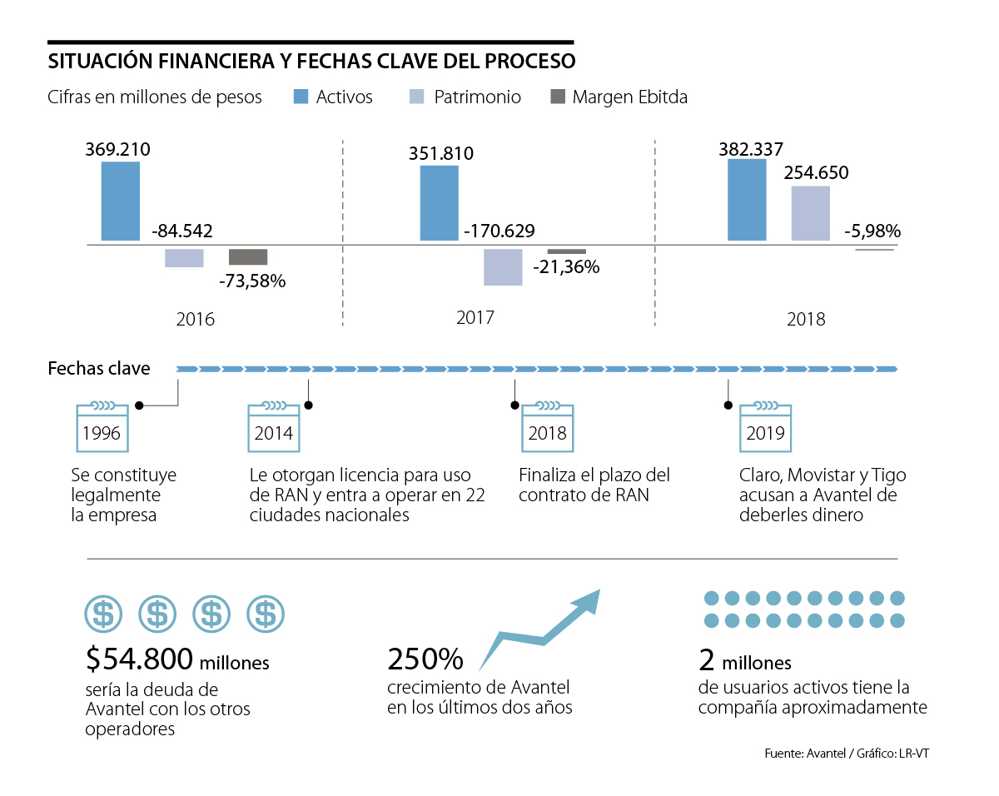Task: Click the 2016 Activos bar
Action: point(121,201)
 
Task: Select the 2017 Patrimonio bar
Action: point(503,266)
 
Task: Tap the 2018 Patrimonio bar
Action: point(810,213)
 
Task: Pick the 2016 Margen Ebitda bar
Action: point(248,256)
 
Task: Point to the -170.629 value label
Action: point(499,231)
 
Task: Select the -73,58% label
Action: point(252,281)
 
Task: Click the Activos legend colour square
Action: point(301,97)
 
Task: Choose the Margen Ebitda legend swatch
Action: point(558,97)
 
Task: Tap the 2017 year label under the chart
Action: point(475,317)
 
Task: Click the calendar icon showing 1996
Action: point(102,427)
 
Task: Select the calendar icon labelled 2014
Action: point(274,427)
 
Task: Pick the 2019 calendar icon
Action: point(766,427)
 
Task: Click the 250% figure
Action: point(425,659)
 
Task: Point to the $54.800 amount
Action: point(138,659)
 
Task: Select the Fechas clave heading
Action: point(99,368)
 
